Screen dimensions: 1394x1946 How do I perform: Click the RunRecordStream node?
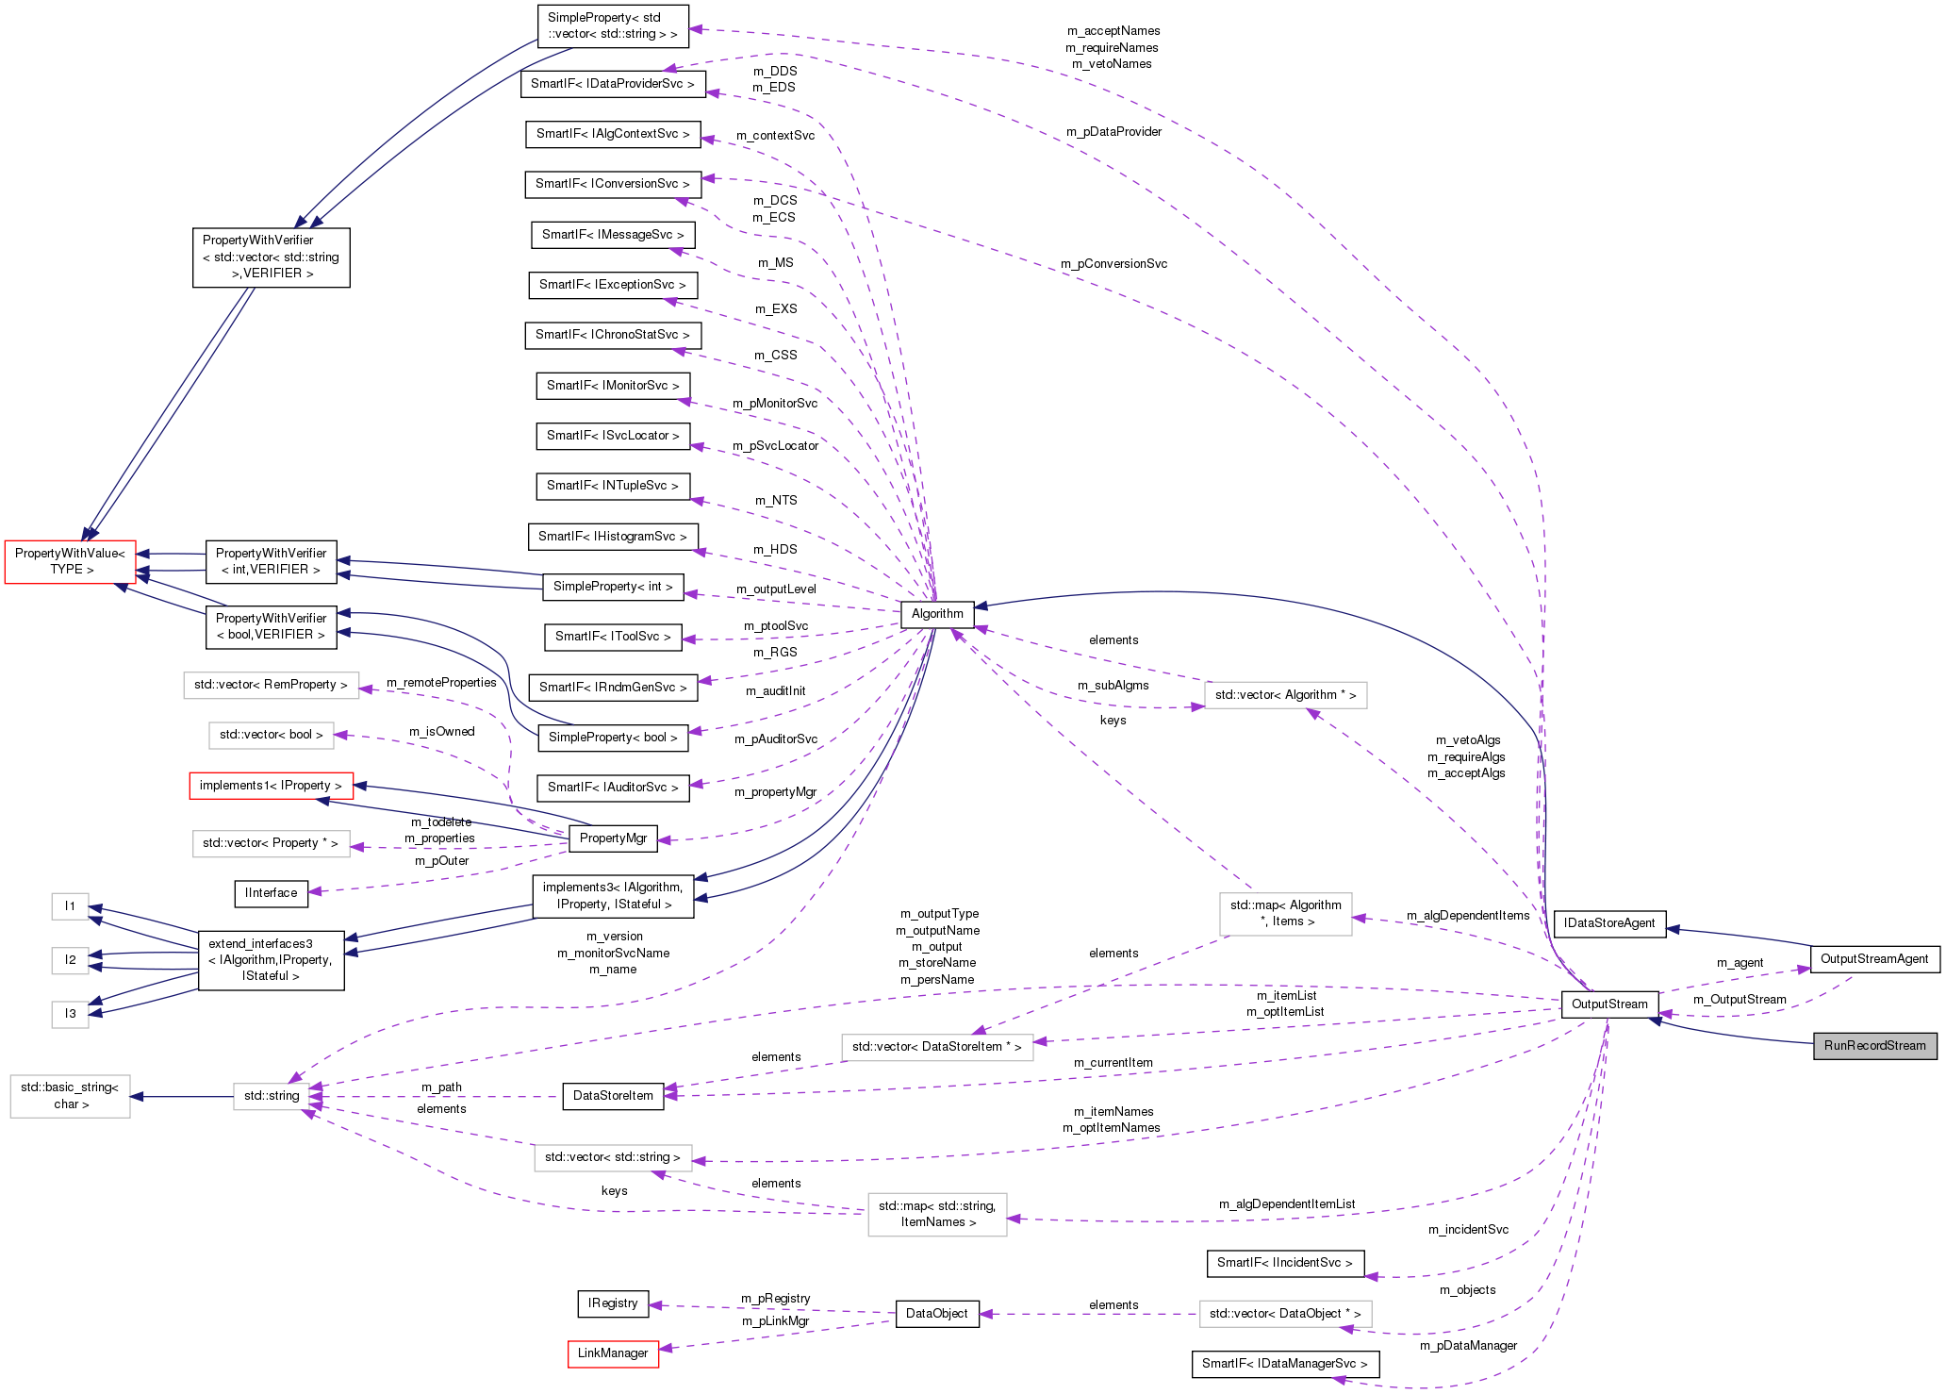[x=1874, y=1045]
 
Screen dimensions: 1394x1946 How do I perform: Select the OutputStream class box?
[x=1608, y=1004]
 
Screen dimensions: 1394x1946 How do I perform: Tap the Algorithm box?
[x=937, y=613]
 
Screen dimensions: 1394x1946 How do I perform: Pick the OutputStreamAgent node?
[x=1874, y=958]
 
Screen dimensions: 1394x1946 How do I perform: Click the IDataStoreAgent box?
[x=1608, y=922]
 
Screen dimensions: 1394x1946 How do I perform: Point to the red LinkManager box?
[x=613, y=1353]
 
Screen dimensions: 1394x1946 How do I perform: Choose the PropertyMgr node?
[x=613, y=838]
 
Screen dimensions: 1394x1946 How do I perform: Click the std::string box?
[x=272, y=1095]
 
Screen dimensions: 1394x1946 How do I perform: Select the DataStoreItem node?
[x=613, y=1095]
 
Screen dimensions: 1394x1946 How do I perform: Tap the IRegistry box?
[x=613, y=1303]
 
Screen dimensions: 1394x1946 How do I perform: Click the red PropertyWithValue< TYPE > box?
[x=70, y=561]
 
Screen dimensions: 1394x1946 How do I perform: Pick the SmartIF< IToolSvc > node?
[x=613, y=636]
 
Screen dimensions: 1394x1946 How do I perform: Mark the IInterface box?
[x=271, y=892]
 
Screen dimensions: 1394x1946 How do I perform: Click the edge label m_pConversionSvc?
[x=1113, y=263]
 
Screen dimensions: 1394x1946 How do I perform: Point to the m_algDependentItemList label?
[x=1286, y=1203]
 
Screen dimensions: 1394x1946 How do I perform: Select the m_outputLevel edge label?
[x=776, y=589]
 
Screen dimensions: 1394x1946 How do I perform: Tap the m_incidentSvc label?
[x=1467, y=1229]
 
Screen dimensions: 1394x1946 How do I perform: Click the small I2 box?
[x=70, y=959]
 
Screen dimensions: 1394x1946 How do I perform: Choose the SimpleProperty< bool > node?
[x=613, y=737]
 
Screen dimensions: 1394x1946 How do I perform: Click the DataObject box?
[x=936, y=1313]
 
